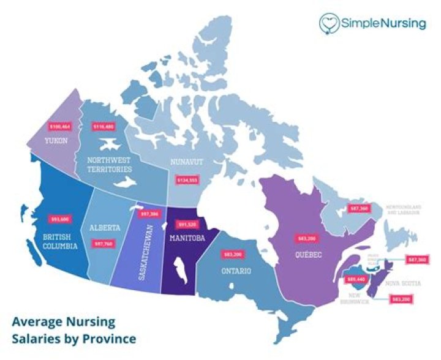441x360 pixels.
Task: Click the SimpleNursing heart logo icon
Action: pyautogui.click(x=330, y=23)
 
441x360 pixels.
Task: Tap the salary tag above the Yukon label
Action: pyautogui.click(x=60, y=127)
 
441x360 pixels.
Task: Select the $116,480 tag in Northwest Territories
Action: pyautogui.click(x=104, y=127)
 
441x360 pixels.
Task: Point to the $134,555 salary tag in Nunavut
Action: pyautogui.click(x=187, y=181)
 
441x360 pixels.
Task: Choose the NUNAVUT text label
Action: pyautogui.click(x=186, y=164)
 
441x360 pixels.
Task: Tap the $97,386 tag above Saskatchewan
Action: pyautogui.click(x=149, y=214)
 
